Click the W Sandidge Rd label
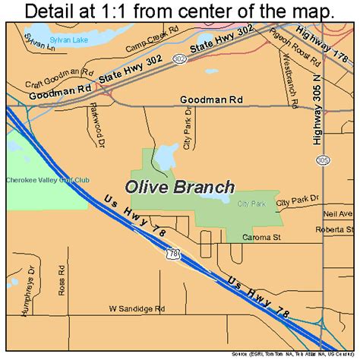coord(137,309)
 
